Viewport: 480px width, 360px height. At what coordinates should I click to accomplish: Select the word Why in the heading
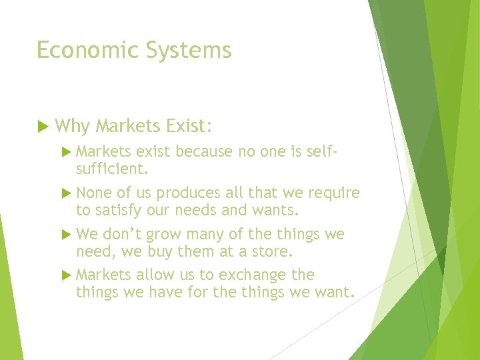(x=72, y=125)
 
